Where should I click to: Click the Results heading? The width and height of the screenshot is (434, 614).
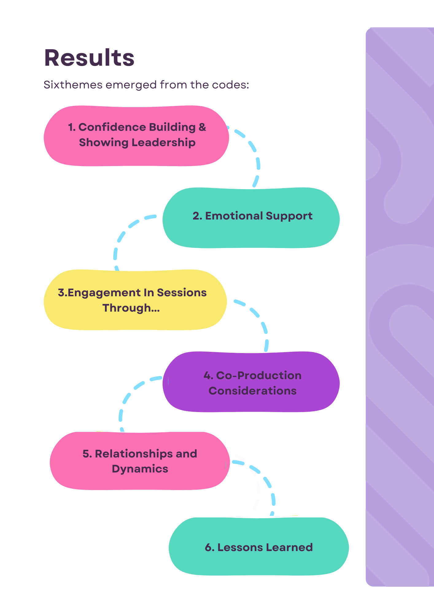click(x=89, y=58)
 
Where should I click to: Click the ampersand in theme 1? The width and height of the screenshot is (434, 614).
click(x=202, y=127)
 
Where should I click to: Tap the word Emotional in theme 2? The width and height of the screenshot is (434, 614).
click(x=234, y=216)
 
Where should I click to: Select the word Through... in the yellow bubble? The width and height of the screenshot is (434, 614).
click(x=131, y=308)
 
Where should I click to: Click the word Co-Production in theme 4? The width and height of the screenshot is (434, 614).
click(x=259, y=375)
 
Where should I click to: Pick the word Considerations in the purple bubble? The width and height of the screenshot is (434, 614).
click(x=253, y=391)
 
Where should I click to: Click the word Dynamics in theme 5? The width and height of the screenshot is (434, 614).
click(x=140, y=469)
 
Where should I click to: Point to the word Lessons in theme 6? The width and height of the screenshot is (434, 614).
click(x=240, y=547)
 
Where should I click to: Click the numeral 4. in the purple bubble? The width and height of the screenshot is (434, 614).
click(x=208, y=375)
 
